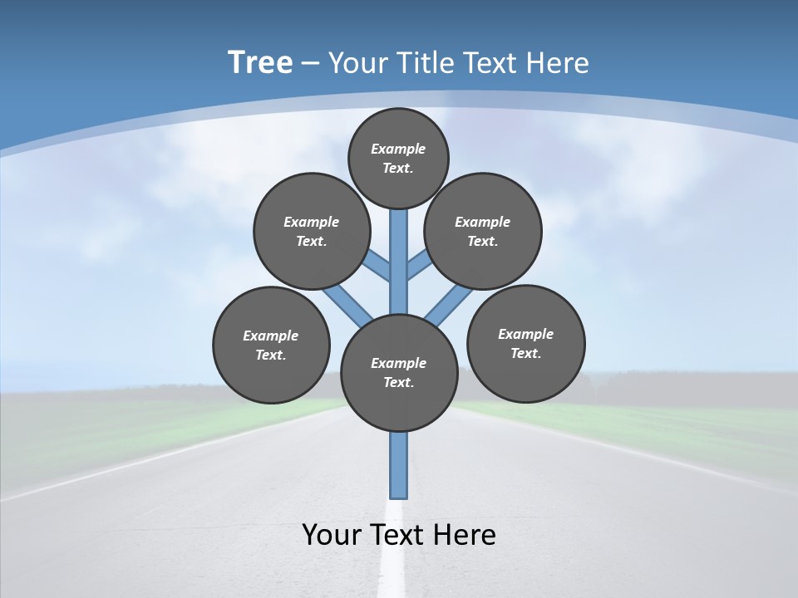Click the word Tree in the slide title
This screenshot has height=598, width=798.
coord(260,62)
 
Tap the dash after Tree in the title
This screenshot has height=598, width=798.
coord(310,64)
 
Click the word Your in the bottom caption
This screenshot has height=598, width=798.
coord(332,534)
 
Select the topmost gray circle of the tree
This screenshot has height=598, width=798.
coord(398,158)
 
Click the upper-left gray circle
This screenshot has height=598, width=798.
coord(312,231)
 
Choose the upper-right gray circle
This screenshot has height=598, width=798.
coord(483,231)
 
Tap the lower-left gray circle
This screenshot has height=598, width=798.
coord(271,345)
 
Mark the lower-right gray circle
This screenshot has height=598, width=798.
coord(525,343)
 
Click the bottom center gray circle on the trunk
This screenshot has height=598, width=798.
coord(399,373)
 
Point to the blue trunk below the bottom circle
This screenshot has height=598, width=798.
coord(399,465)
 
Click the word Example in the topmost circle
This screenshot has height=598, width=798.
coord(398,149)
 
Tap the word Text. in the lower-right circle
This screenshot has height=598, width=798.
coord(525,353)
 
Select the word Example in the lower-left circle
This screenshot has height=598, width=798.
coord(271,336)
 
